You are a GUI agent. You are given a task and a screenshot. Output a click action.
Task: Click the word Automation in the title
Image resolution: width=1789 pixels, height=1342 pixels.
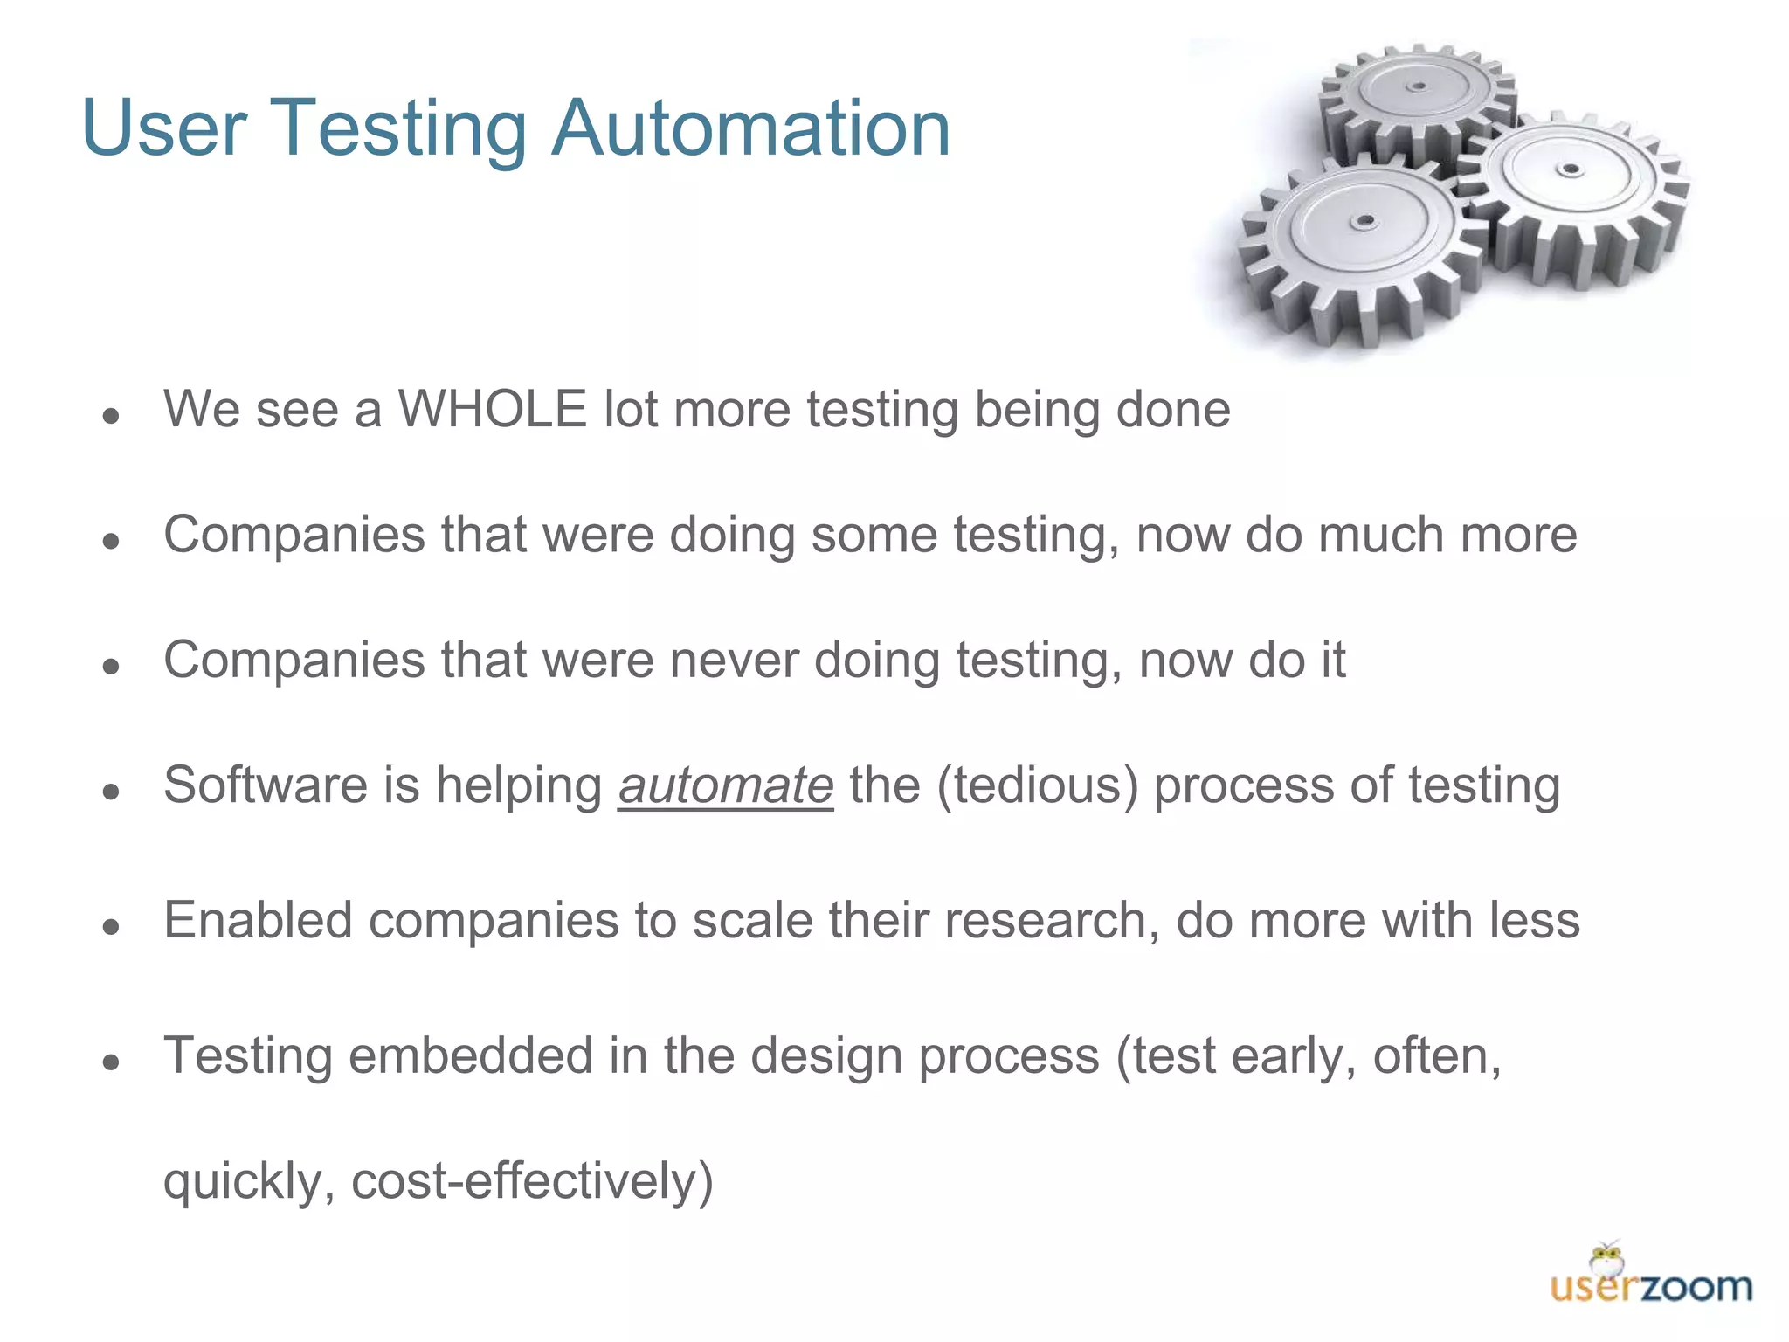point(751,129)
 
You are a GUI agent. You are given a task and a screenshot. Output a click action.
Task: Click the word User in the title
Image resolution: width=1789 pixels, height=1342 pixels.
point(164,129)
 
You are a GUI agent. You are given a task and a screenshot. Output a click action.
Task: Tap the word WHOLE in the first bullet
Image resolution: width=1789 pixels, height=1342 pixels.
point(492,409)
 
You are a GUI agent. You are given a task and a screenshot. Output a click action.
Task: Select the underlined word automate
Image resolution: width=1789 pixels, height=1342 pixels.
point(726,785)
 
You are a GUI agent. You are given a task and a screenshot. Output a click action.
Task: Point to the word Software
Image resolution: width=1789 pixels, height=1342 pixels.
point(266,785)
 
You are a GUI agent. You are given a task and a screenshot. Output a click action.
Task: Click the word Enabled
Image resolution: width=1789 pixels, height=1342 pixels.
point(258,921)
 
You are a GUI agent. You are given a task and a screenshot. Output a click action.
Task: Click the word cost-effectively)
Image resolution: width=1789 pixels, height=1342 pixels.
point(533,1181)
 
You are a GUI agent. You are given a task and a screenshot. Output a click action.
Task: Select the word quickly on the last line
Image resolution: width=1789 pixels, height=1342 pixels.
point(249,1181)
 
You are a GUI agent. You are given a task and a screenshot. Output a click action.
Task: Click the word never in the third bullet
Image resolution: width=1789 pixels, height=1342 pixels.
point(734,660)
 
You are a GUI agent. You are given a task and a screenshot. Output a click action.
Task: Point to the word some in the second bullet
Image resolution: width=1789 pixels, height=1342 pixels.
point(874,535)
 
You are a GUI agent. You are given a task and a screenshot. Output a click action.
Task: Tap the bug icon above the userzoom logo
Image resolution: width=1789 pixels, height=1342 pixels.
point(1606,1258)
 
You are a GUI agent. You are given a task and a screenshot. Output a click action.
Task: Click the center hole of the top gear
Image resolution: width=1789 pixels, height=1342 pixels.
point(1419,86)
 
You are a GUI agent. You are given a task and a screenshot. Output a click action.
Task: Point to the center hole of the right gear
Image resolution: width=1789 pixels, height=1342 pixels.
point(1571,169)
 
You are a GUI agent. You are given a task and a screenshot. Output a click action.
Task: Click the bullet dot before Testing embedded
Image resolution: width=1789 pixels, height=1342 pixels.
point(110,1062)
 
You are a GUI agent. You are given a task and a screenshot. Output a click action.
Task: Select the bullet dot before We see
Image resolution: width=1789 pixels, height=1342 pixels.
point(110,416)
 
